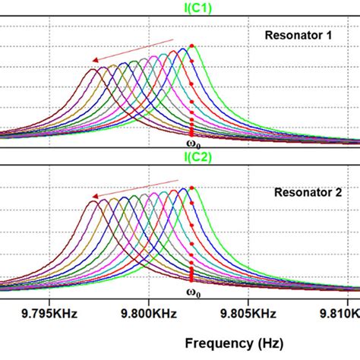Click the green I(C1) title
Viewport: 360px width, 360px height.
pos(181,9)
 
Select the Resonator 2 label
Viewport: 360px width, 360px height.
pos(303,192)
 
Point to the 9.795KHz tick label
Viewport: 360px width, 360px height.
pos(48,311)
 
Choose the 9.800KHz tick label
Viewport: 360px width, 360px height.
pos(150,311)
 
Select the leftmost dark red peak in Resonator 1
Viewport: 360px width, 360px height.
pos(94,69)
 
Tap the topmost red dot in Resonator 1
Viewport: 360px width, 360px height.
pos(192,46)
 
